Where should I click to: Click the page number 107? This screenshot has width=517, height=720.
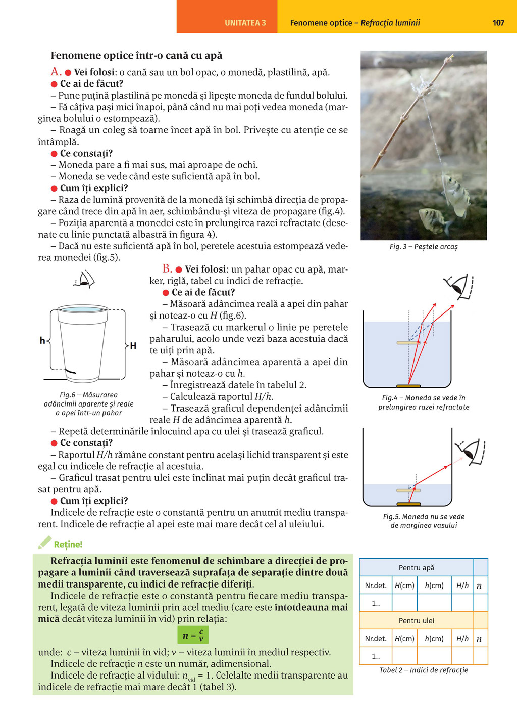(x=498, y=23)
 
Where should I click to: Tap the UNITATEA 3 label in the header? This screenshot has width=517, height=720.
(x=245, y=23)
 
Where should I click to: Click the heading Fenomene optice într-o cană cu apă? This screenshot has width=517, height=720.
(x=136, y=56)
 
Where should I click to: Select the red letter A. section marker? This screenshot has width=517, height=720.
(x=56, y=72)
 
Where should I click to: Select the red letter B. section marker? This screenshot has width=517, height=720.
(x=167, y=269)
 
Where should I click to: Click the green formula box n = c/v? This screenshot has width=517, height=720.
(x=193, y=635)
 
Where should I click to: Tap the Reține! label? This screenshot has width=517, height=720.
(x=68, y=544)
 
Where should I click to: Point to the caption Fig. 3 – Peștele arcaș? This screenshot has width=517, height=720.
(x=424, y=247)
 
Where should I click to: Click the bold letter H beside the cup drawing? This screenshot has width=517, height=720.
(x=133, y=346)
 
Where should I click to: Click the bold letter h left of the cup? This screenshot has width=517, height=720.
(x=42, y=341)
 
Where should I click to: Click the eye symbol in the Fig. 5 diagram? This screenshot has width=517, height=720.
(x=471, y=451)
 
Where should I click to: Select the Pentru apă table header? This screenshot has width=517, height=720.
(x=416, y=568)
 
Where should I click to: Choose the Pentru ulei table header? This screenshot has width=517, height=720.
(x=416, y=621)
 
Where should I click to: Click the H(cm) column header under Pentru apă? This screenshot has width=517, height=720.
(x=404, y=586)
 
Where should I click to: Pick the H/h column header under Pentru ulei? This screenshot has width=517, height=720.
(x=462, y=639)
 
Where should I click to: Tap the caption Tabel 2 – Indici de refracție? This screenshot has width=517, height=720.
(x=424, y=670)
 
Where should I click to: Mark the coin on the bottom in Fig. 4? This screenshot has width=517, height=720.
(x=409, y=387)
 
